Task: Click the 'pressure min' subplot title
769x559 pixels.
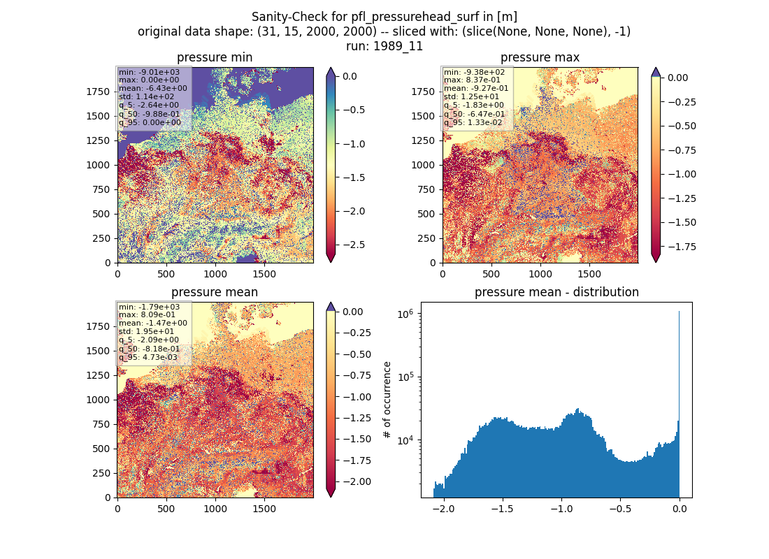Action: [215, 57]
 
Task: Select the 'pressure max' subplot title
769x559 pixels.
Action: [540, 57]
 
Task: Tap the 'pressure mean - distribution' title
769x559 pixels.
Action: [556, 292]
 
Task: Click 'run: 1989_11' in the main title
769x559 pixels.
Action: [384, 46]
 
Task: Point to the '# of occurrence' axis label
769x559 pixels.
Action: [387, 400]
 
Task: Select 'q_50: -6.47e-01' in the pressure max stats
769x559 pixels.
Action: [474, 114]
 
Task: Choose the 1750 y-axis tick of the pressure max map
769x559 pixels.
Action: [423, 92]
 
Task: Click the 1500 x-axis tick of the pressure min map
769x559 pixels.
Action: [264, 274]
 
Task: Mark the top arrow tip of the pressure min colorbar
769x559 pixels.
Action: [331, 68]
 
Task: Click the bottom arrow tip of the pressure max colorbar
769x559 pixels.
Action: [656, 262]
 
